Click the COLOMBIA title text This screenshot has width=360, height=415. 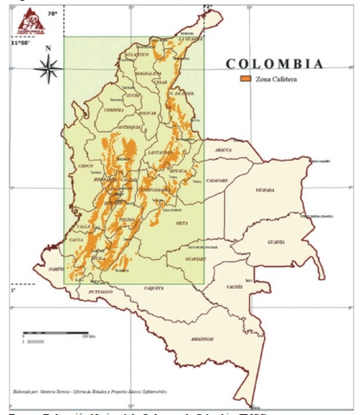coord(274,64)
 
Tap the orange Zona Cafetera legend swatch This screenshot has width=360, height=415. coord(244,79)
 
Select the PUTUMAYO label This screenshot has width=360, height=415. coord(101,294)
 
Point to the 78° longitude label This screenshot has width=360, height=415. coord(52,14)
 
